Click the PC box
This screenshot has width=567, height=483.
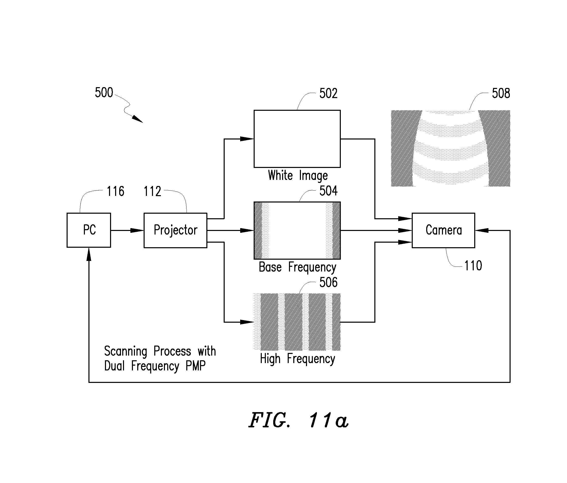coord(89,230)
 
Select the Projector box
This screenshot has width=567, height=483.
coord(175,230)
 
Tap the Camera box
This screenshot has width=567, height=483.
coord(443,230)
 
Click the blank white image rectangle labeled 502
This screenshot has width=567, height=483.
coord(297,139)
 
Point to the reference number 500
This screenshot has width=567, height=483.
coord(104,92)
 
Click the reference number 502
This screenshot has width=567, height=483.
coord(328,93)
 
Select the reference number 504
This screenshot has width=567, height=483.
coord(328,191)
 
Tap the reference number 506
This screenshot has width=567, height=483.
coord(328,282)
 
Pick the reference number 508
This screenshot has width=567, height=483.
coord(501,93)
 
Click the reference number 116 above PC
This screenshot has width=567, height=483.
coord(115,191)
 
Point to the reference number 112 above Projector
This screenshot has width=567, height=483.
coord(152,191)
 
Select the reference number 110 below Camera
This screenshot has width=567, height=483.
coord(473,266)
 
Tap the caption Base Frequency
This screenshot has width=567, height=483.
coord(297,268)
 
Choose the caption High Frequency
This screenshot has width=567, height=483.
coord(297,359)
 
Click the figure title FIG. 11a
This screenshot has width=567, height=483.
coord(298,420)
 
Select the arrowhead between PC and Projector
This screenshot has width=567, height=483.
coord(137,230)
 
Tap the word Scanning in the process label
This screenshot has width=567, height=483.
coord(126,351)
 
